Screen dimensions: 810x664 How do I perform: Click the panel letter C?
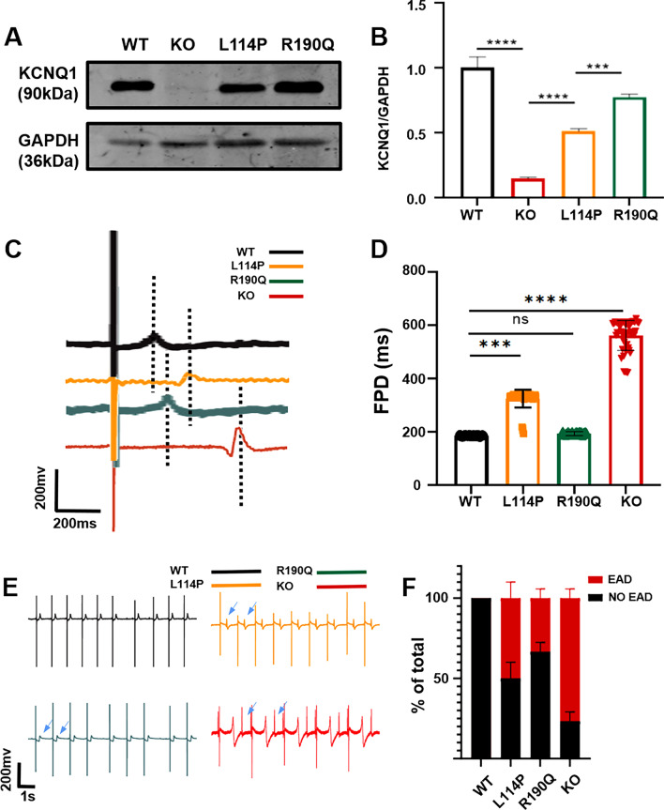tap(13, 250)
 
